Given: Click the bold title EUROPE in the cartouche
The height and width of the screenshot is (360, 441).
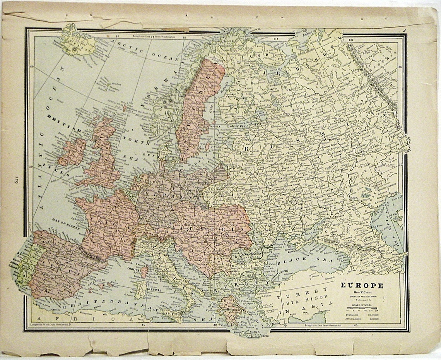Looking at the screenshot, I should (x=362, y=286).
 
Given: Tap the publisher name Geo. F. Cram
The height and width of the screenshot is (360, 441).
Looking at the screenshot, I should (x=362, y=292).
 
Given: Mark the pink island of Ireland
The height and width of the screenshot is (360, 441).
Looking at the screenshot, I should (x=72, y=152).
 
